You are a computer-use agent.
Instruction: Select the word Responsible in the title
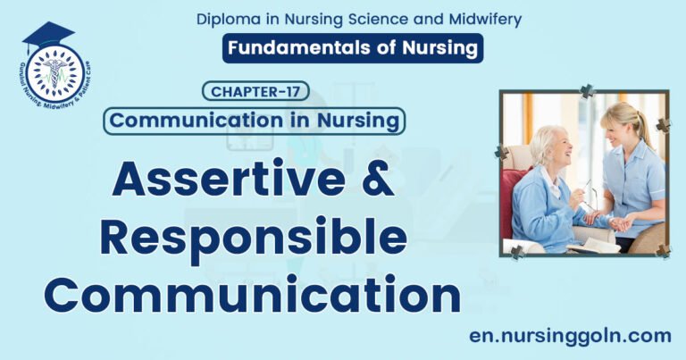[252, 239]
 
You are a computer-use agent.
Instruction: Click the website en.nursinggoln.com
[569, 336]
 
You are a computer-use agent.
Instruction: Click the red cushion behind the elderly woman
[516, 192]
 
